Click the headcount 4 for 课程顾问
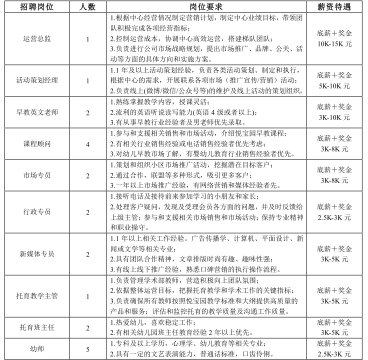pos(87,144)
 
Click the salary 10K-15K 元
pos(334,44)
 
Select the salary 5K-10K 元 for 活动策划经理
pos(334,85)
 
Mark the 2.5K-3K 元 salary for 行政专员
pos(334,217)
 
